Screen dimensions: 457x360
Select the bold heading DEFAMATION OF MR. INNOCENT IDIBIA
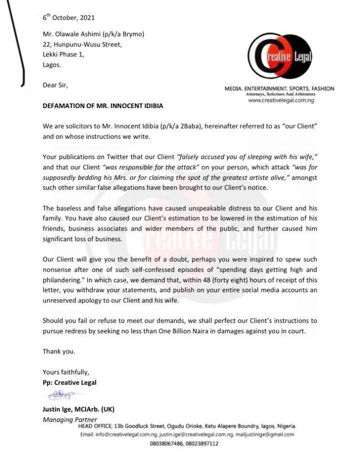(x=103, y=106)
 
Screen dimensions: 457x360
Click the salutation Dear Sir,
(x=55, y=85)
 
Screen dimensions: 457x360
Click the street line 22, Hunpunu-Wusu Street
(x=82, y=44)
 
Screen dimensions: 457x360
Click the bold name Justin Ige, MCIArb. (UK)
(x=79, y=409)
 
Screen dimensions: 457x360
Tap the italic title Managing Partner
(x=70, y=419)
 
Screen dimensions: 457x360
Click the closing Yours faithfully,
(x=66, y=372)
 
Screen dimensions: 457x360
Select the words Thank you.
(x=59, y=351)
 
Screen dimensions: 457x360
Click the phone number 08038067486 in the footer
(x=167, y=443)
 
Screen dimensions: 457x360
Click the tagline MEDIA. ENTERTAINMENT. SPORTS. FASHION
(x=279, y=89)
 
